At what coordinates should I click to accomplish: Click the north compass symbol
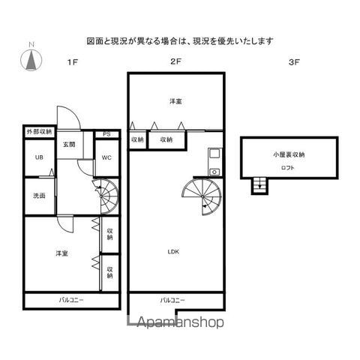point(31,60)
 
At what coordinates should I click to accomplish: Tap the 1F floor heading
point(73,62)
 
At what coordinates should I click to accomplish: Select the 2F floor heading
point(175,61)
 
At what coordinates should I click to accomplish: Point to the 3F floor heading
point(294,62)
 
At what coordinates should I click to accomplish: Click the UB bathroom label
point(39,157)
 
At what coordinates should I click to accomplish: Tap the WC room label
point(106,157)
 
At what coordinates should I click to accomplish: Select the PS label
point(106,134)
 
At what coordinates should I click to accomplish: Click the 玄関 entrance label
point(69,144)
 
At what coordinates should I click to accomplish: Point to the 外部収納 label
point(39,132)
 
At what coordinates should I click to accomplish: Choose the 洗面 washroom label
point(39,196)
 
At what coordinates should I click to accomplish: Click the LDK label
point(173,252)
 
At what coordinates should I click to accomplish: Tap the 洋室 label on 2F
point(175,101)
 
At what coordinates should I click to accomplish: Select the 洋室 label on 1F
point(61,253)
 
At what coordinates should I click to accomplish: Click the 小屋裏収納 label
point(289,154)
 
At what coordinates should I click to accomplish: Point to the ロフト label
point(288,168)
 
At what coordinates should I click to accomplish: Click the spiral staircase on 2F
point(202,196)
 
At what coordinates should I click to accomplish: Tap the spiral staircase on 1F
point(105,196)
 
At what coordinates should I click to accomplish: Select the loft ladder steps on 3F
point(260,185)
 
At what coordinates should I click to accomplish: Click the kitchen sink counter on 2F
point(214,162)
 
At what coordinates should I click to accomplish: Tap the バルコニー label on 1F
point(71,300)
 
